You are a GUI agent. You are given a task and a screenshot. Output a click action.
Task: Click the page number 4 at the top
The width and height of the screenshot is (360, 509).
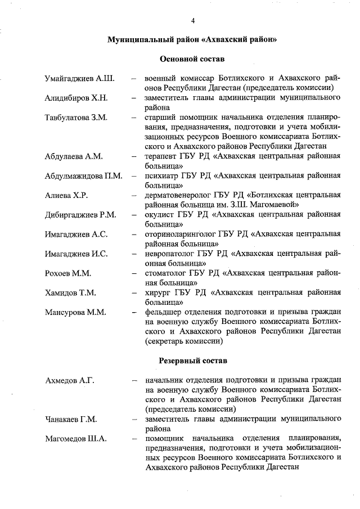click(x=192, y=21)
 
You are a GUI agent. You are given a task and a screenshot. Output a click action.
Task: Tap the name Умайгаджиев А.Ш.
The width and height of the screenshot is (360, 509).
click(x=79, y=78)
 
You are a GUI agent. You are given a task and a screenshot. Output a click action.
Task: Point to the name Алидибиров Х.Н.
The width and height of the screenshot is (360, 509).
click(x=76, y=98)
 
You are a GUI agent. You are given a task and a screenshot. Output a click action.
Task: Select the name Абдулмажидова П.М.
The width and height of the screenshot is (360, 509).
click(x=84, y=176)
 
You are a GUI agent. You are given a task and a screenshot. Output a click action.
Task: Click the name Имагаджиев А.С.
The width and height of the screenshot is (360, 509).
click(x=76, y=235)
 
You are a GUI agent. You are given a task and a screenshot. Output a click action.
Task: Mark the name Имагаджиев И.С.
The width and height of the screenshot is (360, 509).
click(x=76, y=254)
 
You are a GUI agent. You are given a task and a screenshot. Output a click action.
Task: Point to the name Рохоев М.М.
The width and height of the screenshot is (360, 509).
click(x=67, y=274)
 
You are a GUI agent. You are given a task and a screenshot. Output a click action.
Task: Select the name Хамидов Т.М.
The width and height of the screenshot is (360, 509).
click(x=70, y=293)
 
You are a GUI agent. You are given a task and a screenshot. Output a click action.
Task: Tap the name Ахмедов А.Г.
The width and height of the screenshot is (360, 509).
click(x=69, y=381)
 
